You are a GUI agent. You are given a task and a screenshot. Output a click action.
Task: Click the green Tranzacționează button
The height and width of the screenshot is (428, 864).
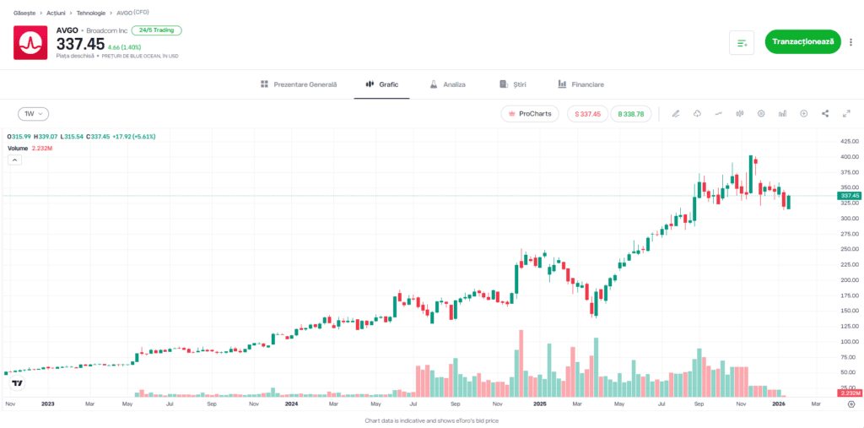point(802,41)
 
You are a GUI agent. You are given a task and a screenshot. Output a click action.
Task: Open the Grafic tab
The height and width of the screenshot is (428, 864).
point(381,84)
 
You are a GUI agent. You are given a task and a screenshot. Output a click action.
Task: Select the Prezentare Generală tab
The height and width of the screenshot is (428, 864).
point(299,84)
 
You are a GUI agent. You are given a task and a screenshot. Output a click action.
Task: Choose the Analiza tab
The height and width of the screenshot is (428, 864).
point(447,84)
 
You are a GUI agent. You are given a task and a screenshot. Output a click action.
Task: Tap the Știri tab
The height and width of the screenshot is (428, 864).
point(513,84)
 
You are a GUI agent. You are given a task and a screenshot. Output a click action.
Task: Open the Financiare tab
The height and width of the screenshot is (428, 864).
point(580,84)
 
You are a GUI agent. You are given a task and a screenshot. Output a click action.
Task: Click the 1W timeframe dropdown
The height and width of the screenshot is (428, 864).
point(34,113)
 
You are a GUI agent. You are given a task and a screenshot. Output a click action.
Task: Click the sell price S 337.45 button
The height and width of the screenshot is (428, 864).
point(587,113)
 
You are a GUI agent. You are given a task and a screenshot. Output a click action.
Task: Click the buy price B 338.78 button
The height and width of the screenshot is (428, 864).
point(631,113)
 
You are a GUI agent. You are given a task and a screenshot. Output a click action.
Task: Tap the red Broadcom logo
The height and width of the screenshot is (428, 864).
point(30,42)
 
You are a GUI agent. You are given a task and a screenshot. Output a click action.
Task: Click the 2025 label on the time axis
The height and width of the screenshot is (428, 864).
point(541,404)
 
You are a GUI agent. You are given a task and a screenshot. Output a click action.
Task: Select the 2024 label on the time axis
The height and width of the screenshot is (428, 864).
point(292,404)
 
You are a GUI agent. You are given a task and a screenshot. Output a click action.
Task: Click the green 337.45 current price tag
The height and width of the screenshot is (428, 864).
point(848,196)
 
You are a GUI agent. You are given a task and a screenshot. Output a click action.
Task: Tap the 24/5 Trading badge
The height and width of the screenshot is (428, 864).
point(156,30)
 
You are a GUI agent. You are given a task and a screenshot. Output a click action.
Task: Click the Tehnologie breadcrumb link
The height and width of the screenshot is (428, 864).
point(91,13)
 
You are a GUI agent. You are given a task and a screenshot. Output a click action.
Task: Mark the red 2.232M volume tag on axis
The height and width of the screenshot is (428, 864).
point(848,393)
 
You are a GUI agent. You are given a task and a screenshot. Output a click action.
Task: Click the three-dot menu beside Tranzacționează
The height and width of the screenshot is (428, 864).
point(850,41)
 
